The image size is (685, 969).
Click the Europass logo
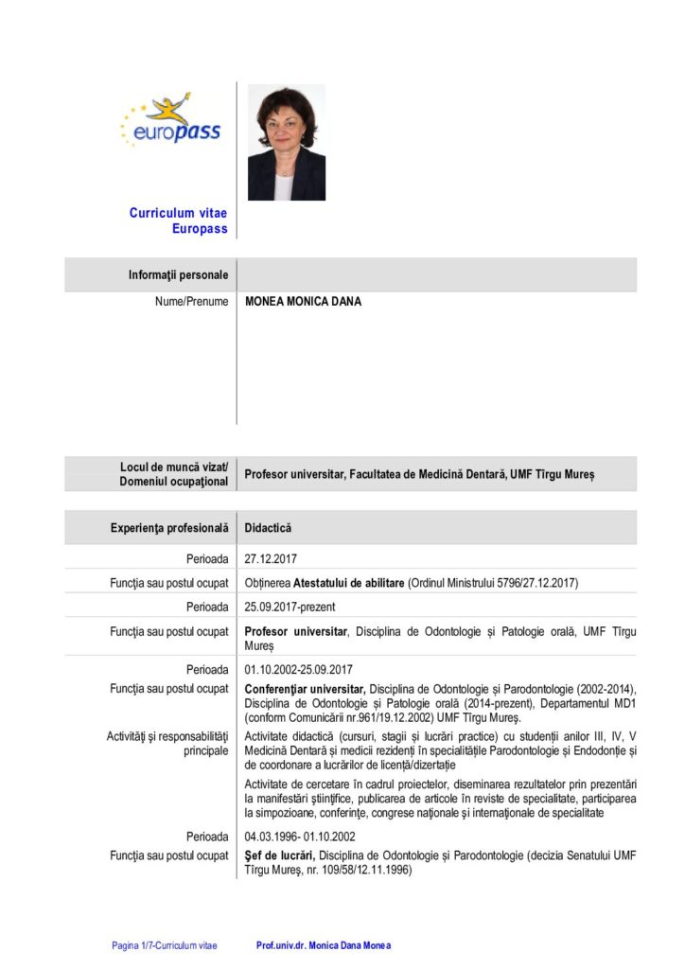click(170, 120)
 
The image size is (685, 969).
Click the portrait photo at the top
click(286, 143)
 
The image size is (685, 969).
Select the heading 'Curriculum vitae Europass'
click(178, 220)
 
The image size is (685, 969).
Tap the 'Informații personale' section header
click(178, 275)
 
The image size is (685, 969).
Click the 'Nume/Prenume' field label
click(192, 302)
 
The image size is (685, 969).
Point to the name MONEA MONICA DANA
click(303, 302)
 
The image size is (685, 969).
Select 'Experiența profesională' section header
click(169, 527)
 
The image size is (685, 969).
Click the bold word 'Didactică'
click(268, 527)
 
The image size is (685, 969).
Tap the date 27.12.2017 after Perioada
click(271, 558)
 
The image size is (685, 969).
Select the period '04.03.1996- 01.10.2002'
click(300, 837)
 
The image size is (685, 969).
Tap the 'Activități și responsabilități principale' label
click(177, 742)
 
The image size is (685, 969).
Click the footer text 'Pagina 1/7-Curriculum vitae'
click(164, 944)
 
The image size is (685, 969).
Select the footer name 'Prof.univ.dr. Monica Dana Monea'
click(323, 944)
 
